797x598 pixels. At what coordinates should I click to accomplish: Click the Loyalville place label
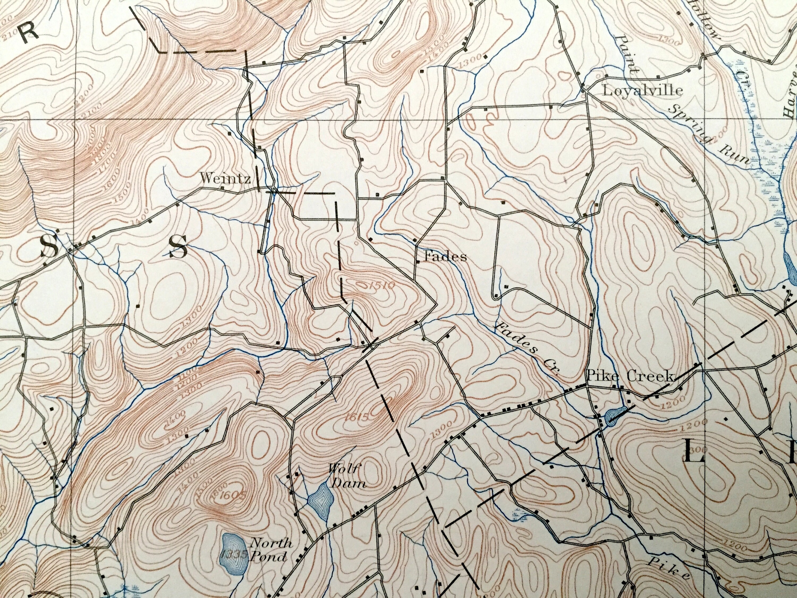click(642, 90)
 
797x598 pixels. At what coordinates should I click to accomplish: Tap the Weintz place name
click(225, 178)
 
